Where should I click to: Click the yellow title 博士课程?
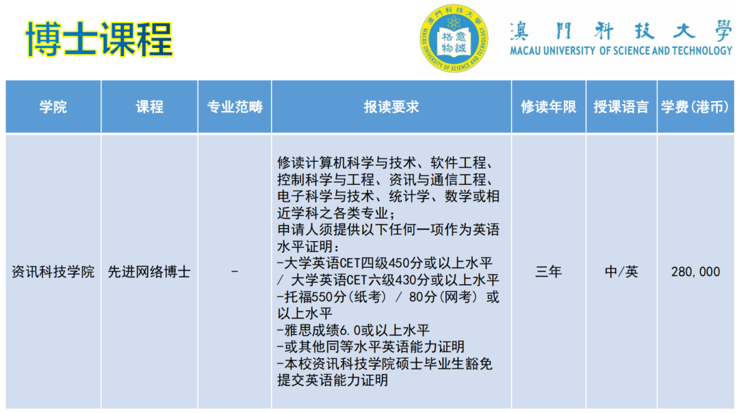pos(99,38)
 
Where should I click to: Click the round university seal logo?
pos(454,39)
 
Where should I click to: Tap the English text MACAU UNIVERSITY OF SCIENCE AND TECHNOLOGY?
pos(621,51)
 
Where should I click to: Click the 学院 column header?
pos(53,107)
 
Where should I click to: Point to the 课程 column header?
pos(149,107)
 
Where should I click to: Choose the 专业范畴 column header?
pos(235,107)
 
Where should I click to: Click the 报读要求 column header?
pos(391,107)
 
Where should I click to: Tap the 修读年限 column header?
pos(548,107)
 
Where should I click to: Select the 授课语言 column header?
pos(621,107)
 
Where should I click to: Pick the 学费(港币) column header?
pos(695,107)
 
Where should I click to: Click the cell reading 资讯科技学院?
pos(53,272)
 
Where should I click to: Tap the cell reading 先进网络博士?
pos(149,272)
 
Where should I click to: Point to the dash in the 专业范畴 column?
pos(235,272)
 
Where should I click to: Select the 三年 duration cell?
pos(548,272)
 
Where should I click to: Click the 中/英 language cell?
pos(621,272)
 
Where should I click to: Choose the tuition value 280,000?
pos(695,272)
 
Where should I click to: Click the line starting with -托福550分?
pos(387,297)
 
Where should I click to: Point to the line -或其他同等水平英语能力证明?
pos(371,347)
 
